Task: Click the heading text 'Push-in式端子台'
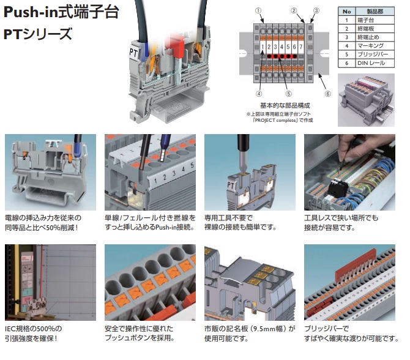61,12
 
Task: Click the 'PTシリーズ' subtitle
38,34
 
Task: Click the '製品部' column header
375,12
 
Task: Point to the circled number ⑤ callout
288,94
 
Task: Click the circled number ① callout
258,10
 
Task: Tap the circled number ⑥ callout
327,94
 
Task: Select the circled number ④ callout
259,94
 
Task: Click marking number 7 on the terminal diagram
300,47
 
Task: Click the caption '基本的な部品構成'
285,106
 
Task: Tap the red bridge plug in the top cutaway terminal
174,47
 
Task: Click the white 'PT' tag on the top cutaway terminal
133,53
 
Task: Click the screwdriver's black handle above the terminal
243,143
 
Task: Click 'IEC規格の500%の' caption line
34,329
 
